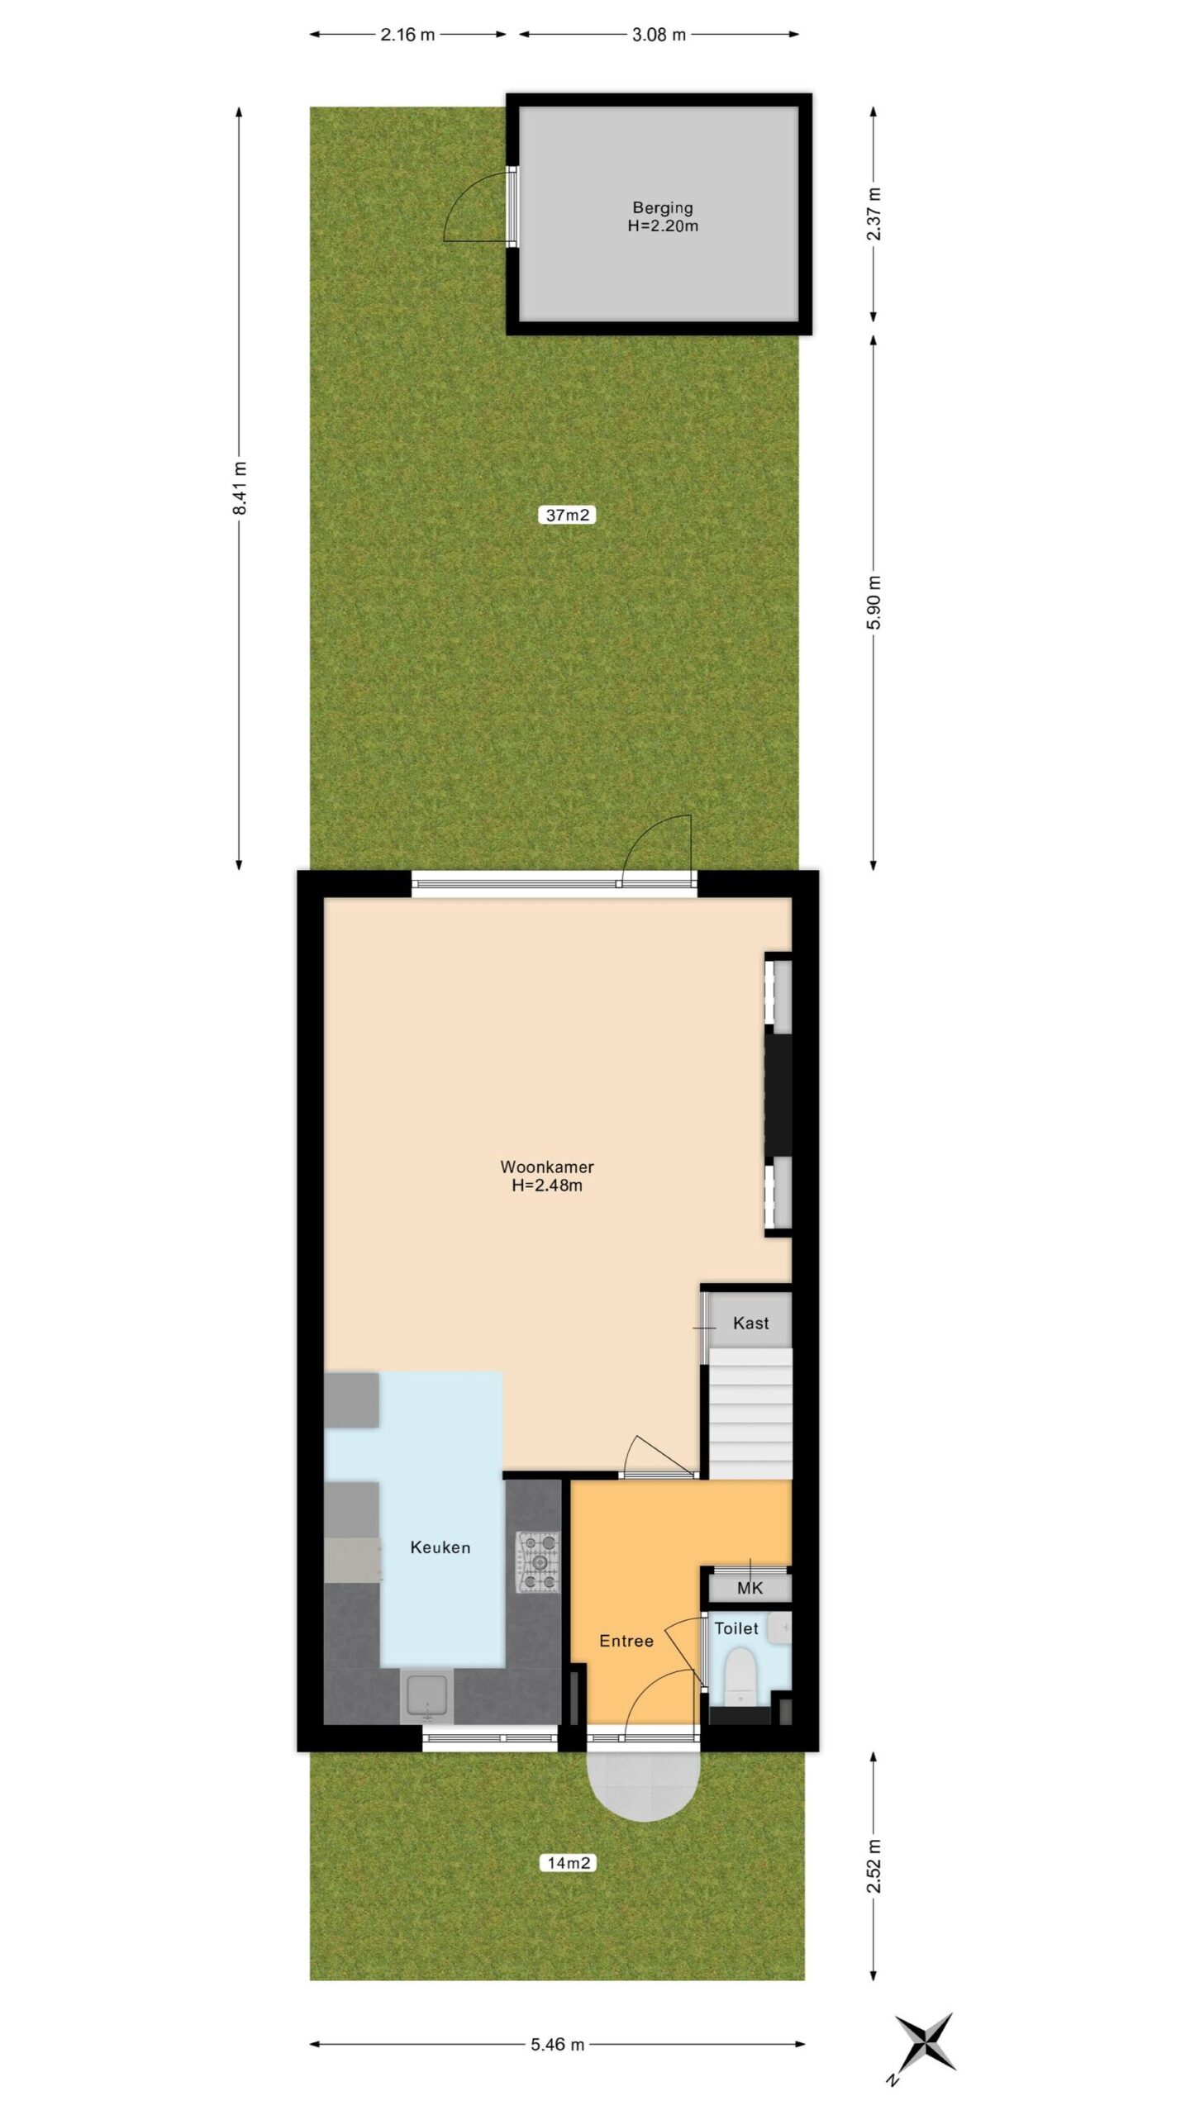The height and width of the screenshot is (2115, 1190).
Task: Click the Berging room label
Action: tap(662, 207)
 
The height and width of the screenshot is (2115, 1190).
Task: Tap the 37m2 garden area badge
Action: tap(567, 515)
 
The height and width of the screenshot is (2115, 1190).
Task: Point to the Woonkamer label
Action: tap(547, 1167)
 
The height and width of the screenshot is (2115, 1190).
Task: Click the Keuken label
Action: tap(440, 1547)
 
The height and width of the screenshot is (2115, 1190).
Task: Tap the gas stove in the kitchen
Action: tap(538, 1562)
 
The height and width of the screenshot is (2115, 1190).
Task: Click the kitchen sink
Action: tap(427, 1696)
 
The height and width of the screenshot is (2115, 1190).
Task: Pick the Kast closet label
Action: tap(750, 1323)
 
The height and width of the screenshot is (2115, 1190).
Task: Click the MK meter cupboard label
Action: tap(750, 1587)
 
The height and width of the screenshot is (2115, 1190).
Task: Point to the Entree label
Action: tap(626, 1641)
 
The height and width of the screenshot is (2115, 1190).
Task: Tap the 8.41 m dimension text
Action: tap(240, 487)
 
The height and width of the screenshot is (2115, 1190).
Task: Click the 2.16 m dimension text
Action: tap(407, 35)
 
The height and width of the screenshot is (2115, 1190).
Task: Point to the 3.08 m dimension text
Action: tap(659, 35)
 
